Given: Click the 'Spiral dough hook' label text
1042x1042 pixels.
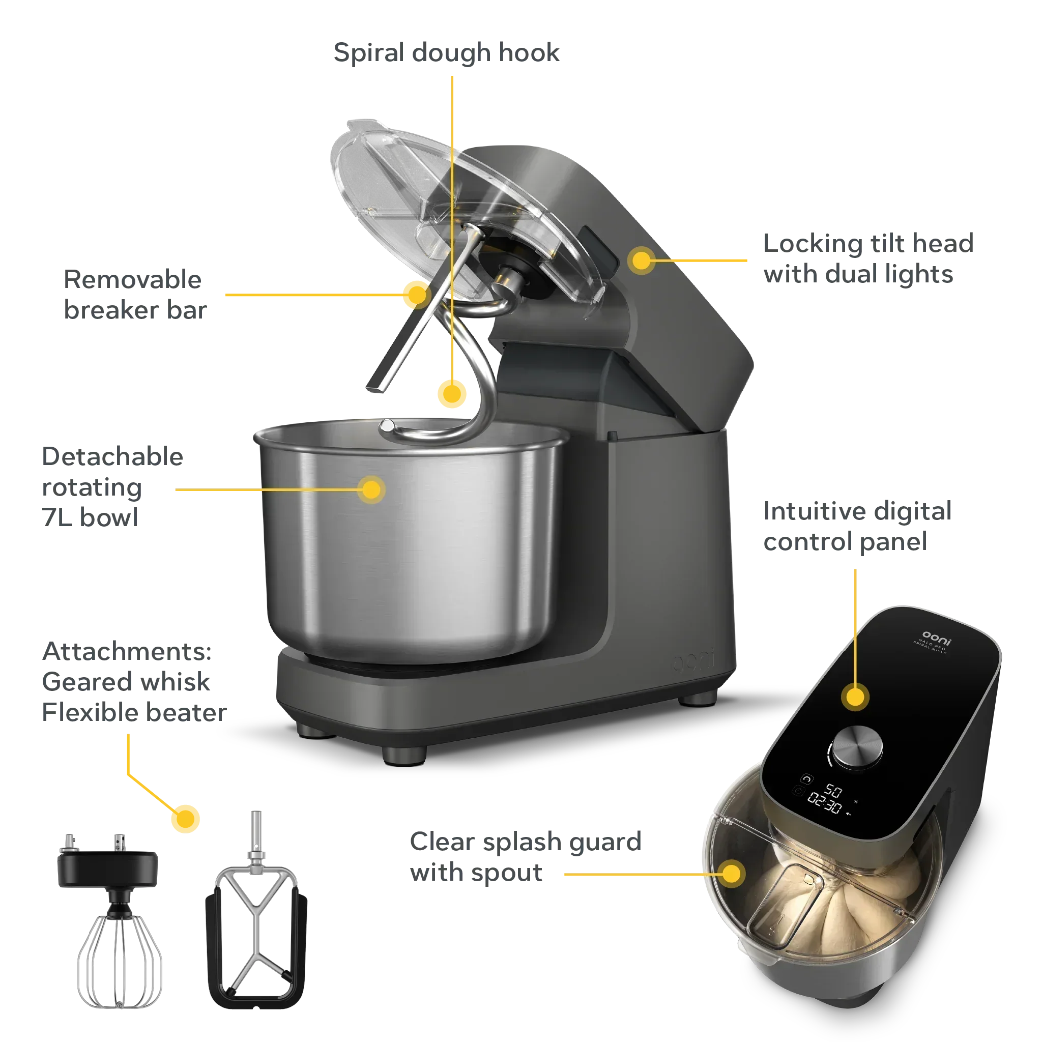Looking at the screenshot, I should pos(447,53).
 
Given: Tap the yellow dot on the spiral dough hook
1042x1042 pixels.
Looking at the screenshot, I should pos(452,393).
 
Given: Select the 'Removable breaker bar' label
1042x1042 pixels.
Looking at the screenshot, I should pos(135,295).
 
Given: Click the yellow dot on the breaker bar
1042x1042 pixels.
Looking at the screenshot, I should pos(416,295).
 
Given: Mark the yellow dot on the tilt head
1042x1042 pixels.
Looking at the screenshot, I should pos(641,260).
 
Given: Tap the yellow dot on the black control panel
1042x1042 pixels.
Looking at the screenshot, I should pos(855,697).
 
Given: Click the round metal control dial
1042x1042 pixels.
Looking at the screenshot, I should pos(857,746).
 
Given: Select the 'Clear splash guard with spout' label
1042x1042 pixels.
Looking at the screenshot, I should pos(525,857).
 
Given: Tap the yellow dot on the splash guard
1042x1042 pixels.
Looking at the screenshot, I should pos(733,874).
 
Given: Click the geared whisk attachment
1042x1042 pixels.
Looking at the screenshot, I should pos(118,922).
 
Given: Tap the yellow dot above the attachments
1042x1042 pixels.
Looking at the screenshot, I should pos(186,818).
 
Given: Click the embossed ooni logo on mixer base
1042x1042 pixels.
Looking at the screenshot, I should pos(693,662).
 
